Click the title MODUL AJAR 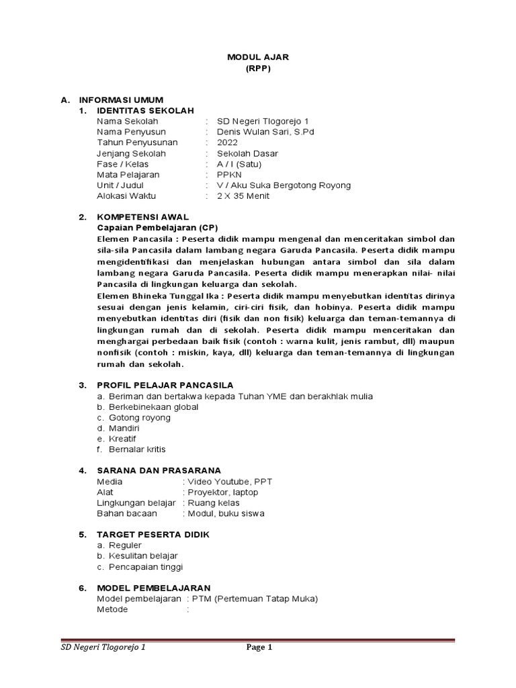click(258, 58)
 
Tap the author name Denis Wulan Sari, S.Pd click(265, 132)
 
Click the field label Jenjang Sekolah click(131, 153)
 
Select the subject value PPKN click(228, 175)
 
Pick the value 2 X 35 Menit click(243, 196)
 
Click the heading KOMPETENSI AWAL click(142, 217)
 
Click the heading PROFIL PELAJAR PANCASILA click(165, 385)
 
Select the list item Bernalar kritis click(136, 449)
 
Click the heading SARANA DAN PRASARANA click(159, 470)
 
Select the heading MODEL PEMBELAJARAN click(154, 588)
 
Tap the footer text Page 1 click(259, 648)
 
